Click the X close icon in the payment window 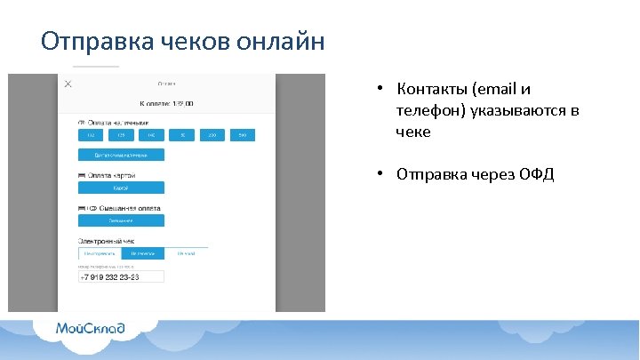point(68,84)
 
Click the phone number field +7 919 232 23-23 point(122,276)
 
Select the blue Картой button point(121,188)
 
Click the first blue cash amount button point(90,135)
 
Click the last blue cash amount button point(241,135)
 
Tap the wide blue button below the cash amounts point(121,155)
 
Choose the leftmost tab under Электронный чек point(100,253)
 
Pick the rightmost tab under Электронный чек point(186,253)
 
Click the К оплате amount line point(166,103)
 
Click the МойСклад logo point(91,329)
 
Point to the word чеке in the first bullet point(413,132)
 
